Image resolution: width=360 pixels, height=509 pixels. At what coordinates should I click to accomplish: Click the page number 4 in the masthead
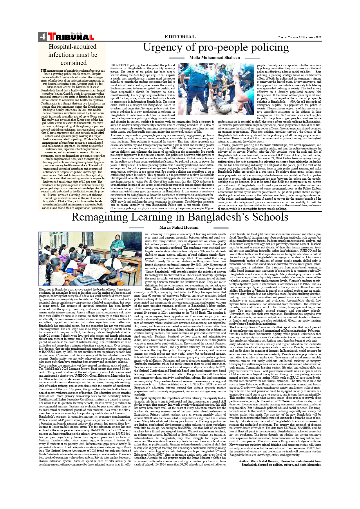tap(42, 37)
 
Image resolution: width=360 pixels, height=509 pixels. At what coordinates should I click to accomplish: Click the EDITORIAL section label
tap(180, 37)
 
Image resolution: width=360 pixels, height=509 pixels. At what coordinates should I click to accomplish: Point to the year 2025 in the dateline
tap(318, 37)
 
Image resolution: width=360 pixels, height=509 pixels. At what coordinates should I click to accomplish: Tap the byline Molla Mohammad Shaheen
tap(210, 58)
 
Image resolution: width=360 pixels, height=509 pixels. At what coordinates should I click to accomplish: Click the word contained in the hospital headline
tap(73, 63)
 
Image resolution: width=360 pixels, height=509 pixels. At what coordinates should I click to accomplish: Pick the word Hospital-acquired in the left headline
tap(73, 47)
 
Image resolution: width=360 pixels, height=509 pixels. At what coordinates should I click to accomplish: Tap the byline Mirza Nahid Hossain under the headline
tap(179, 228)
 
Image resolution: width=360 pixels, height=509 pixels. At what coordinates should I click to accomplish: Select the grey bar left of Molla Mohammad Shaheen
tap(177, 58)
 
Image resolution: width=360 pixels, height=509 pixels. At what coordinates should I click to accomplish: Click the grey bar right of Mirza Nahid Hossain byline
tap(221, 228)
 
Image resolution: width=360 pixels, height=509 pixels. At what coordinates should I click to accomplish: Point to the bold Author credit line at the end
tap(280, 463)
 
